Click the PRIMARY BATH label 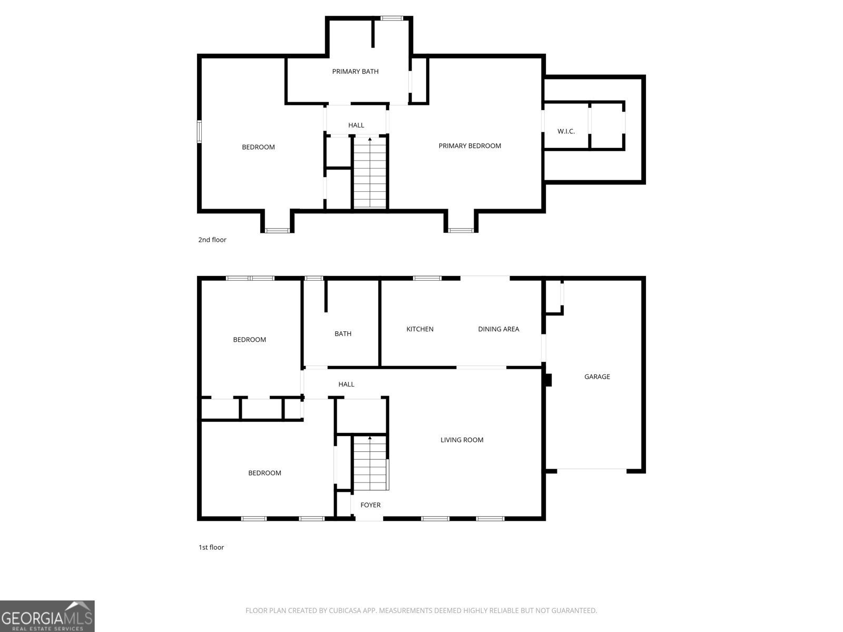[x=355, y=72]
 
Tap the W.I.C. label [x=566, y=131]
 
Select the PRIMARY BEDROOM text [x=469, y=146]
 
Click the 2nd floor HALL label [x=356, y=125]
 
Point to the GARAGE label [x=597, y=377]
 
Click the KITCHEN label [x=420, y=329]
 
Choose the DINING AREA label [x=498, y=329]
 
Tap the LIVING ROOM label [x=462, y=440]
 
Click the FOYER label [x=370, y=505]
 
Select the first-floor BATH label [x=343, y=334]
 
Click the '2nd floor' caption [x=212, y=240]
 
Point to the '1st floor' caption [x=211, y=547]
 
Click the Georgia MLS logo [x=47, y=616]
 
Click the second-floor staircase [x=369, y=172]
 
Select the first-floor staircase [x=370, y=463]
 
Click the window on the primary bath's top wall [x=392, y=18]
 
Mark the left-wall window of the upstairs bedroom [x=199, y=132]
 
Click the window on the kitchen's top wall [x=427, y=278]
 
